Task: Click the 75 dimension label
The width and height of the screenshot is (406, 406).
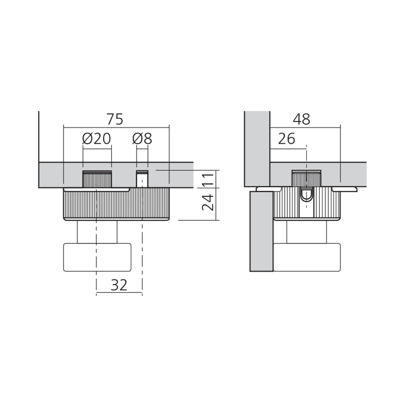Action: coord(115,119)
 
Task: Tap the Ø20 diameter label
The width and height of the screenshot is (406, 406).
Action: coord(97,138)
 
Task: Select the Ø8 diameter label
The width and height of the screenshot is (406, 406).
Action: coord(142,138)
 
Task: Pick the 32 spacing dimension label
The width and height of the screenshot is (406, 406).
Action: coord(119,285)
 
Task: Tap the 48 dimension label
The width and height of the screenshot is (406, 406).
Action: coord(301,119)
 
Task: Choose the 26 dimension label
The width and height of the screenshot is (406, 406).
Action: coord(286,138)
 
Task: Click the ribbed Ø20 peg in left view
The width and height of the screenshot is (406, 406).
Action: coord(97,179)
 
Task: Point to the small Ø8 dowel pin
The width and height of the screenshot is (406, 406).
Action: coord(142,179)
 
